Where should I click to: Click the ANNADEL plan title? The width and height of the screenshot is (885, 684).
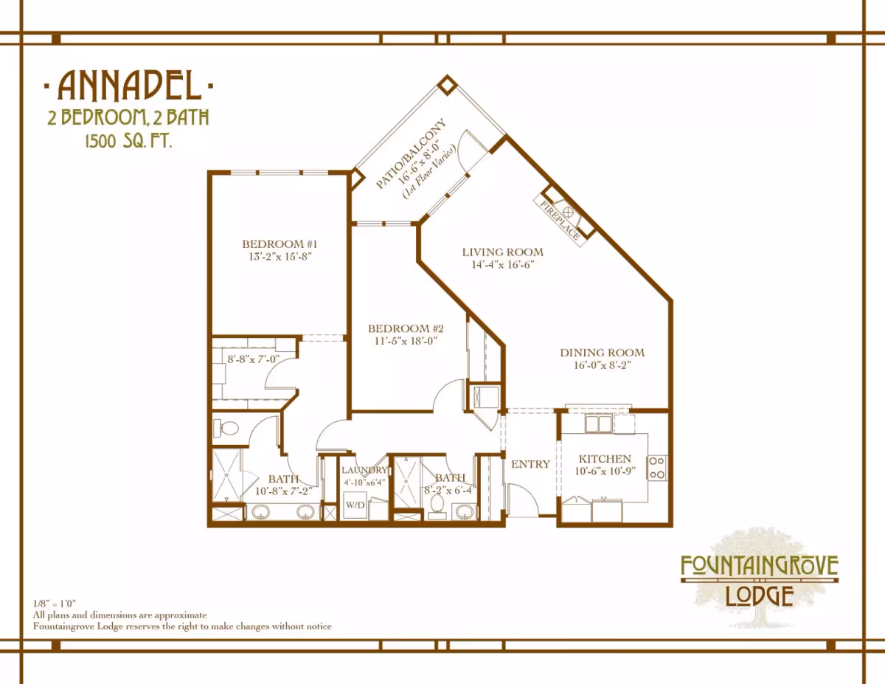(x=129, y=86)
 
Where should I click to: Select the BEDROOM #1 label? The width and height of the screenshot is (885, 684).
(x=280, y=244)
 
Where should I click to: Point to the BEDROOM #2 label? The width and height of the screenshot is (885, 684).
(x=406, y=328)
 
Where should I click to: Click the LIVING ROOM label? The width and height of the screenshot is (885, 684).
(x=502, y=252)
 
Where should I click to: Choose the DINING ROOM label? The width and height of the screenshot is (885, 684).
(x=603, y=353)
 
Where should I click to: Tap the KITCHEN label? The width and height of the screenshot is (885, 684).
(x=605, y=459)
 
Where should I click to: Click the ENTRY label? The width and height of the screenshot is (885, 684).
(x=531, y=464)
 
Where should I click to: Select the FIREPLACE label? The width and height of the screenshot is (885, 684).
(x=560, y=220)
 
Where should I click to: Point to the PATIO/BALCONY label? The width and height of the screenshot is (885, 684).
(x=411, y=153)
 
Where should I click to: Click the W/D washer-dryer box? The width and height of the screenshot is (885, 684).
(x=355, y=505)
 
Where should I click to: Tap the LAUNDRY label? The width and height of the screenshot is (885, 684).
(x=364, y=470)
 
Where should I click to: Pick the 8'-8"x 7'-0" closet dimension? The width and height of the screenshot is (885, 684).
(x=253, y=359)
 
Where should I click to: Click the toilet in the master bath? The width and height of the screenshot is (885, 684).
(x=226, y=428)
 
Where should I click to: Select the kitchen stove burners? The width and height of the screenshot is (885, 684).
(x=657, y=468)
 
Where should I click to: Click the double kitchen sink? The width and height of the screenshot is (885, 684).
(x=598, y=424)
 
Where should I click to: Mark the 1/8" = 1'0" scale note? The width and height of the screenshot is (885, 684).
(x=55, y=604)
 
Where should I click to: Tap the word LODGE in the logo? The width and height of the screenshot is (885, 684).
(x=760, y=595)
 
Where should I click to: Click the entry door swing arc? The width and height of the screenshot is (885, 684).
(x=528, y=494)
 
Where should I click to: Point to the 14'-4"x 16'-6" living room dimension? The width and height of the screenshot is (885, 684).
(x=502, y=265)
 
